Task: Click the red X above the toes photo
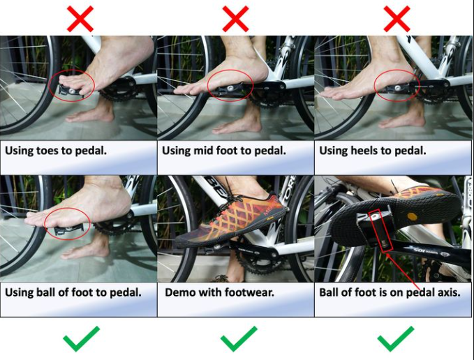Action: point(80,19)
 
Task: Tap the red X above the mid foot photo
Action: point(235,19)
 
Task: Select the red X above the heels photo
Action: point(397,19)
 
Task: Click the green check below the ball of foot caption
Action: point(81,339)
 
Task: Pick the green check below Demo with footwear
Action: point(239,339)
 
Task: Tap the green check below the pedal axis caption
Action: point(396,339)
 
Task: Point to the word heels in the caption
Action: point(365,150)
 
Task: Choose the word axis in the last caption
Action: point(449,292)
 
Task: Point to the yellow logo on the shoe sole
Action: point(413,216)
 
